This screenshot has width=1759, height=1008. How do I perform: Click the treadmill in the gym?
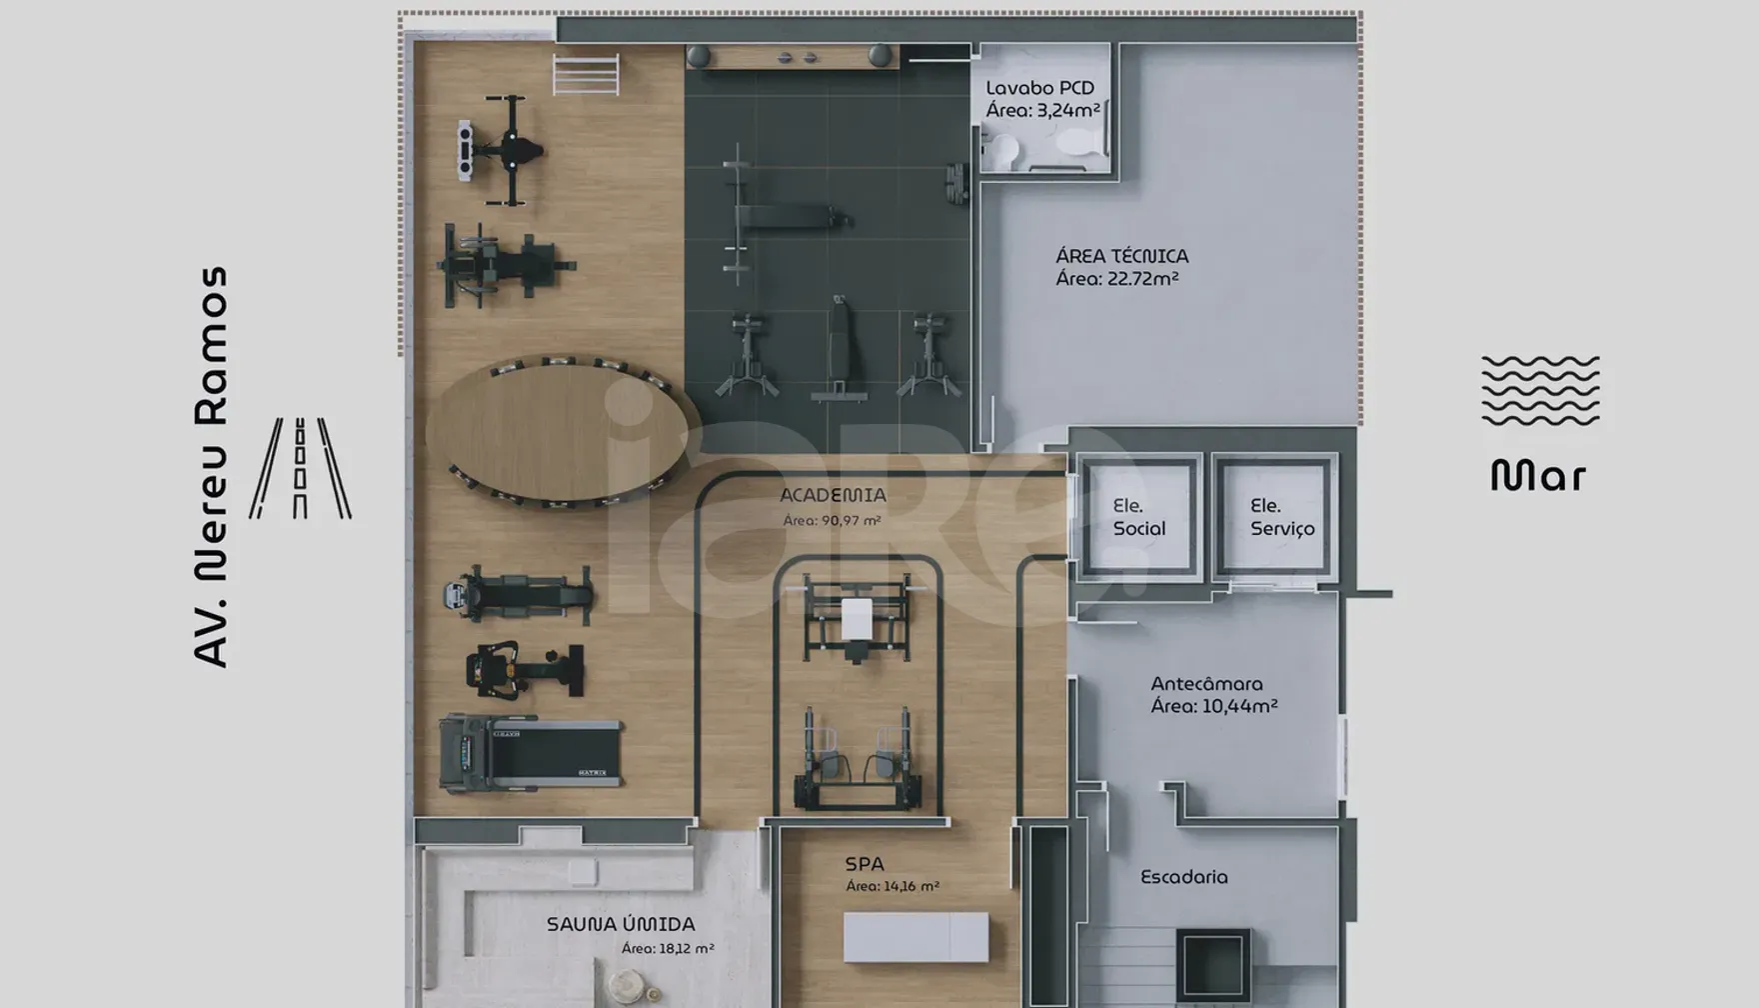(x=531, y=753)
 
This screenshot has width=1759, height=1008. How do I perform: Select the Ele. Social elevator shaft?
(x=1138, y=517)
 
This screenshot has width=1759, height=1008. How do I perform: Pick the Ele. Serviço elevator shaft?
(x=1274, y=517)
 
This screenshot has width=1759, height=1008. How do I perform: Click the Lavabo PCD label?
(x=1040, y=88)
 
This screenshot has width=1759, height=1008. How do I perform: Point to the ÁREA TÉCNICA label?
(x=1122, y=256)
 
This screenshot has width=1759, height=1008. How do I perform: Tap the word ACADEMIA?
(x=833, y=495)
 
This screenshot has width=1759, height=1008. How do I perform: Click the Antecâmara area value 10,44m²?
(x=1239, y=706)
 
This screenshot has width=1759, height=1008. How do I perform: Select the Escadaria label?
(x=1184, y=877)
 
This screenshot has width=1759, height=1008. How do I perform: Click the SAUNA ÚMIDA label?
(x=621, y=924)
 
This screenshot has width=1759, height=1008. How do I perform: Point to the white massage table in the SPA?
(x=915, y=937)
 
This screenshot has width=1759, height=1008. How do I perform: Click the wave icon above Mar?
(x=1540, y=390)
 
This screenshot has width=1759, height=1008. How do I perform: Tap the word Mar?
(x=1538, y=476)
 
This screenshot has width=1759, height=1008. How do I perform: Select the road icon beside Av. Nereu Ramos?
(x=300, y=468)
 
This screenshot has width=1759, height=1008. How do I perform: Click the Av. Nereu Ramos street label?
(x=211, y=466)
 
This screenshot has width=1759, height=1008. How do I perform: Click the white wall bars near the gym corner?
(x=586, y=75)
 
